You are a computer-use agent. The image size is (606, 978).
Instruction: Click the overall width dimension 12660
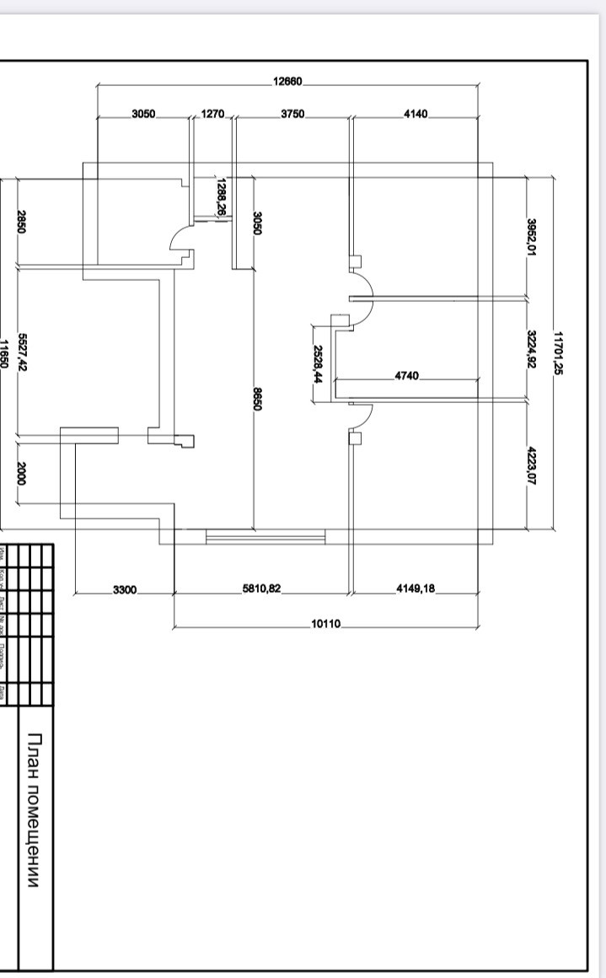point(287,82)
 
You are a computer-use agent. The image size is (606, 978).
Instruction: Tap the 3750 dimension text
point(292,113)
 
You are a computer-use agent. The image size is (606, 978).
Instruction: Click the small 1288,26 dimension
point(221,196)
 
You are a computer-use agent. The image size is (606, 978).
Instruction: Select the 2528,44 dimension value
point(318,364)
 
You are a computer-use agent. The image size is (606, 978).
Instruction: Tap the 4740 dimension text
point(406,375)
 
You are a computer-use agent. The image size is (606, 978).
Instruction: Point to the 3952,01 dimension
point(532,238)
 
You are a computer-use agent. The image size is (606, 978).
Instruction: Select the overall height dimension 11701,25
point(557,352)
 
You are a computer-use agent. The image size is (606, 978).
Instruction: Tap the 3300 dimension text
point(124,589)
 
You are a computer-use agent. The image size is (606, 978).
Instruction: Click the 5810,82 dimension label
point(261,589)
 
